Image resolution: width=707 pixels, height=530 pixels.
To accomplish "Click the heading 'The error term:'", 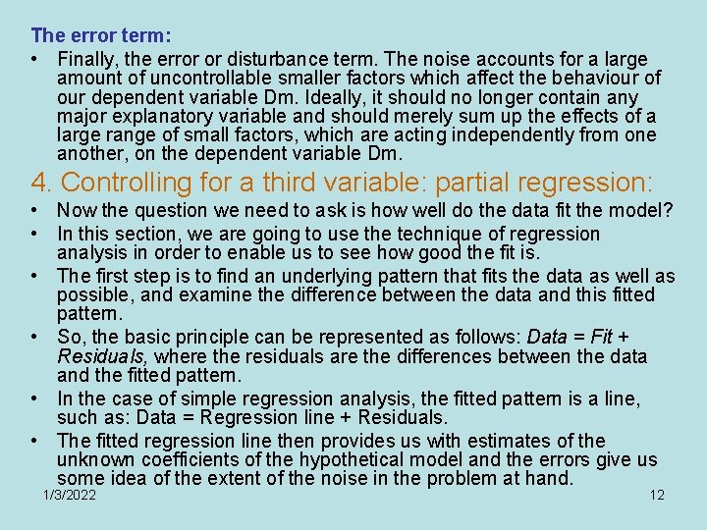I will click(101, 35).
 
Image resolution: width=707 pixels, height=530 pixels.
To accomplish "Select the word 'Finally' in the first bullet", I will click(88, 58).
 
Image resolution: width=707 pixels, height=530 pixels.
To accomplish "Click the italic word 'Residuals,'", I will click(102, 355).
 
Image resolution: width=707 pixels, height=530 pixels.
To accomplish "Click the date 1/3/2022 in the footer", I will click(70, 495).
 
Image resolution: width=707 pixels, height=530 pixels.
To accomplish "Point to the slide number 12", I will click(657, 495).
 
